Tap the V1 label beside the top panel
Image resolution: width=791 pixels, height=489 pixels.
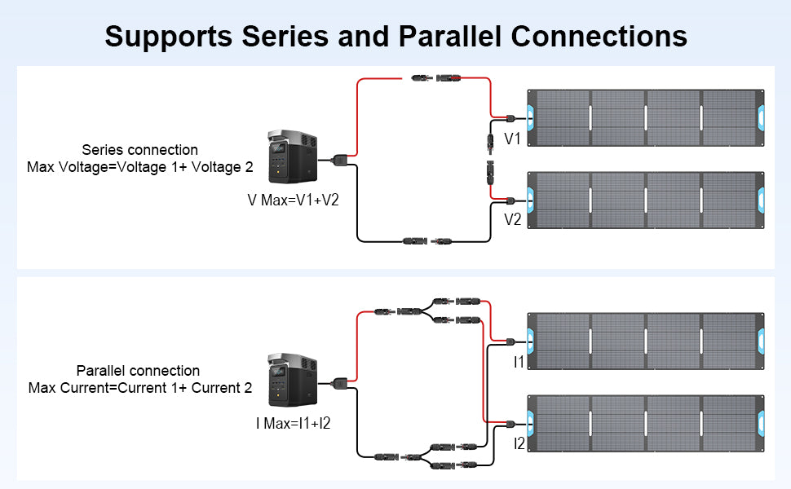(513, 139)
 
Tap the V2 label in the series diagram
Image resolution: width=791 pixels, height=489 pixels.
(513, 219)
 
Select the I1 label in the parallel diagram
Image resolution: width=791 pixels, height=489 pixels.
(519, 362)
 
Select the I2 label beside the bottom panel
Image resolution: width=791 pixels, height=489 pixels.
(519, 443)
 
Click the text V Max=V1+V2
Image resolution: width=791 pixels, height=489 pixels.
(293, 200)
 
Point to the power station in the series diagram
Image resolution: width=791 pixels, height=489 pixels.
(291, 159)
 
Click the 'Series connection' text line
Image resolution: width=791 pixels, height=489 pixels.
(140, 150)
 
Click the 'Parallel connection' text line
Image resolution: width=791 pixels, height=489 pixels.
(138, 371)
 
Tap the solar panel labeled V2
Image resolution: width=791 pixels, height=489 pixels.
(647, 200)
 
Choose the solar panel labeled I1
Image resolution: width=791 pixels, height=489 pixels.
(647, 341)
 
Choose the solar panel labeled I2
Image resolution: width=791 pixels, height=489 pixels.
(647, 423)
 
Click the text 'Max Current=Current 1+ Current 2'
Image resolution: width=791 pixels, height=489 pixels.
(140, 388)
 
